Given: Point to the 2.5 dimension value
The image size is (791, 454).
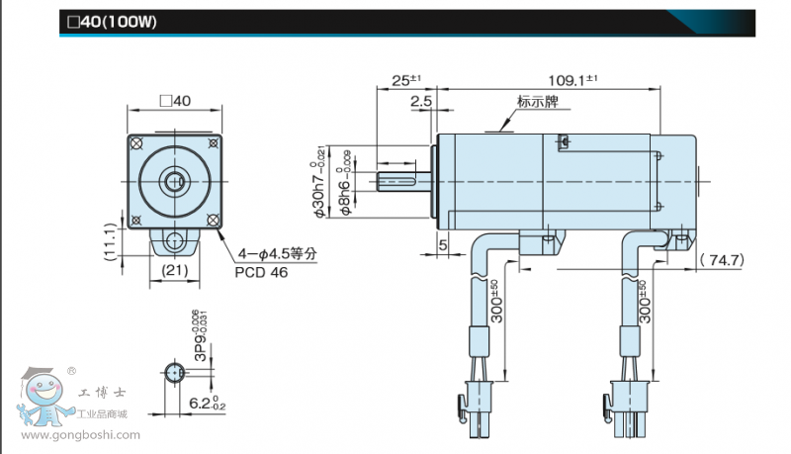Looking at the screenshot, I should [420, 101].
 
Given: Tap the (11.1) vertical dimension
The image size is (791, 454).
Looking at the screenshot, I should [111, 238].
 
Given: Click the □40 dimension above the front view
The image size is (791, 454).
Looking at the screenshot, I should [174, 100].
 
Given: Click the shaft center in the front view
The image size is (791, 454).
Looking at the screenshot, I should [175, 180].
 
